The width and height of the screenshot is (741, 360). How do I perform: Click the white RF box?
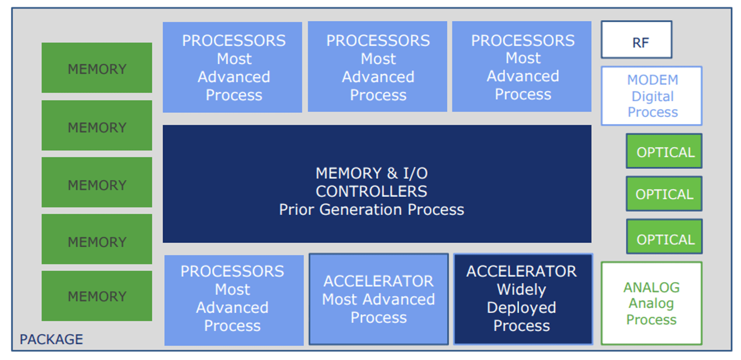(636, 40)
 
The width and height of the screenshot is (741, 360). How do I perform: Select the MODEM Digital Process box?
(652, 96)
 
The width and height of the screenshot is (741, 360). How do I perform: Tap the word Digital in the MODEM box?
(652, 96)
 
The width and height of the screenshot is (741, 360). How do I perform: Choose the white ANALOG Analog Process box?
(651, 303)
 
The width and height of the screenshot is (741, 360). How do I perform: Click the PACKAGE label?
(51, 340)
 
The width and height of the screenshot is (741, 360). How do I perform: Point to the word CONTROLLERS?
(372, 191)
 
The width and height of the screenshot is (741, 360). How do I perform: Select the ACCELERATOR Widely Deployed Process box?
(523, 299)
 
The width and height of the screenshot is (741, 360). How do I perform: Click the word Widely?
(522, 289)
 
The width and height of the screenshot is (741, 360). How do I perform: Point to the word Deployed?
(522, 308)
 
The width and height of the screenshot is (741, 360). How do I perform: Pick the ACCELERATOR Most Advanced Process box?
(378, 299)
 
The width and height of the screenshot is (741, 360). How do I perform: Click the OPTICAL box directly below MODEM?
(664, 151)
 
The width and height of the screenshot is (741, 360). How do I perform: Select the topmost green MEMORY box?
(97, 68)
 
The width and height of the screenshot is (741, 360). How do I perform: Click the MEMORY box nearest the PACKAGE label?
(97, 296)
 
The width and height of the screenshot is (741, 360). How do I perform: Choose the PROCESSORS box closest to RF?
(522, 67)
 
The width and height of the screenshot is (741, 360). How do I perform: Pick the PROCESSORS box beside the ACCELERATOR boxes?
(234, 300)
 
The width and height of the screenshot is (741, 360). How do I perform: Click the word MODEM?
(652, 80)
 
